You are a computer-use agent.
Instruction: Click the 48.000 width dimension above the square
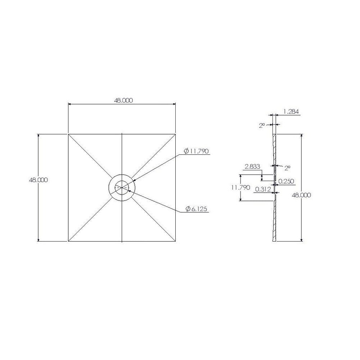(123, 101)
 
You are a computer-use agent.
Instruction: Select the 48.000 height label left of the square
(38, 180)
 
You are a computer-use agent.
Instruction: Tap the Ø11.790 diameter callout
(196, 152)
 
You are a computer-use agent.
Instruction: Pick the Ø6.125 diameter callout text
(196, 209)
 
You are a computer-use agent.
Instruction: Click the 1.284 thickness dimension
(291, 112)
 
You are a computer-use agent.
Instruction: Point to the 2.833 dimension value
(252, 166)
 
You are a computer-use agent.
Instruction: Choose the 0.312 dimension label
(263, 189)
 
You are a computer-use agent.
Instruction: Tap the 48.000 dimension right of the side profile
(301, 195)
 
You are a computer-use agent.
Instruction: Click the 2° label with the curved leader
(287, 168)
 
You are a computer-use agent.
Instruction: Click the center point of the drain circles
(122, 187)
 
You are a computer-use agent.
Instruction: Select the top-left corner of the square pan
(68, 134)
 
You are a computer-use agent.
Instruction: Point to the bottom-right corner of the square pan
(176, 241)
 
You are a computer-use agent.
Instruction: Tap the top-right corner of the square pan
(176, 134)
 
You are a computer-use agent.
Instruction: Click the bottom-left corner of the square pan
(68, 241)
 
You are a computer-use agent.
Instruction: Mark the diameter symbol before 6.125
(188, 209)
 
